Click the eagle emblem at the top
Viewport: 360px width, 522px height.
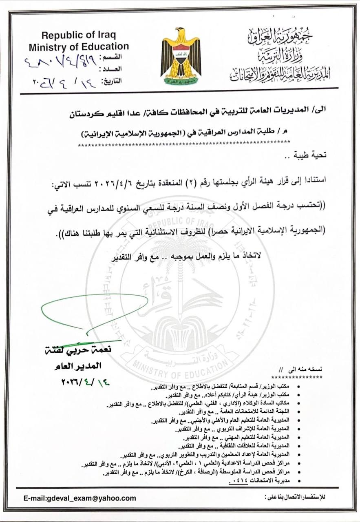pos(181,55)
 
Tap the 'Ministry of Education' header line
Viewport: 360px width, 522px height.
pos(79,46)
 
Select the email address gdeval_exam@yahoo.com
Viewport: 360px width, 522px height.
pos(80,498)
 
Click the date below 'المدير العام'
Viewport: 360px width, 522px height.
pos(85,382)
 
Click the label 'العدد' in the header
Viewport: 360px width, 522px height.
pos(112,69)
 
